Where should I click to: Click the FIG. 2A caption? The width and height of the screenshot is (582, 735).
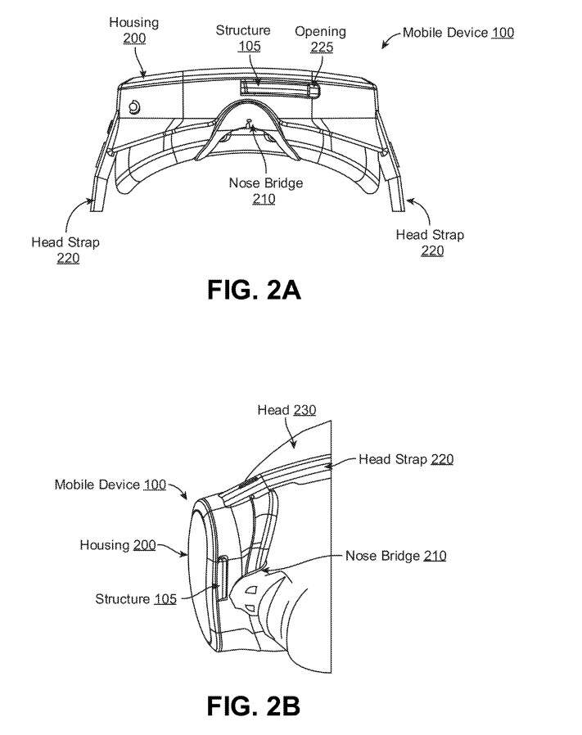(254, 291)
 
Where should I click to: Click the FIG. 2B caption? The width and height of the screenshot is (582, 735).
(254, 706)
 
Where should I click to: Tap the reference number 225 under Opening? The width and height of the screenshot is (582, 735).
(321, 47)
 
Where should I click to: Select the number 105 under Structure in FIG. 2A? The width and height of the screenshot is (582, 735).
(249, 47)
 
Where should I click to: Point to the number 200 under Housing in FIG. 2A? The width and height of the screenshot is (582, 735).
(134, 38)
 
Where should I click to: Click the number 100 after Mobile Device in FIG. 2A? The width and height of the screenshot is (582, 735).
(503, 33)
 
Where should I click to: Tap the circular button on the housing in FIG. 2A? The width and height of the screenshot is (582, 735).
(134, 107)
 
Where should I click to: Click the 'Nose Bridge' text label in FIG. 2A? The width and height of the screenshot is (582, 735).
(265, 183)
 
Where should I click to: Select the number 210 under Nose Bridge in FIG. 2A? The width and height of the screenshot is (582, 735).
(264, 199)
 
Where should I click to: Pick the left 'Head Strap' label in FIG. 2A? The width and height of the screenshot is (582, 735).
(65, 242)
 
